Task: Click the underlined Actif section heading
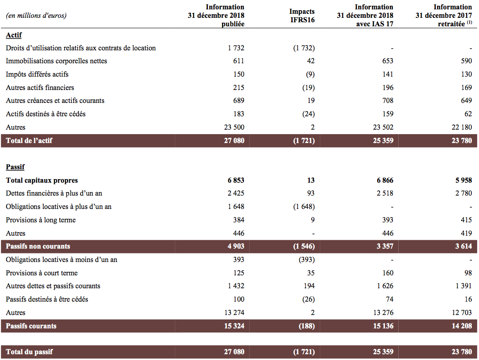point(14,35)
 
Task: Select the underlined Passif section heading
point(15,167)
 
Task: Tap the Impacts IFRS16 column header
point(302,16)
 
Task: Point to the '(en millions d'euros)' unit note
point(36,16)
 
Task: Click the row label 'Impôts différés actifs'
point(37,74)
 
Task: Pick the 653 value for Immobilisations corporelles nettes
point(388,61)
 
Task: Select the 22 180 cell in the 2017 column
point(462,127)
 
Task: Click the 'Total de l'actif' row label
point(29,141)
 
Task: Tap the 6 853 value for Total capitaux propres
point(236,180)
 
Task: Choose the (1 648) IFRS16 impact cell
point(304,207)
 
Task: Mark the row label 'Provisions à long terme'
point(41,220)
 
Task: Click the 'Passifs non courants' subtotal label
point(38,246)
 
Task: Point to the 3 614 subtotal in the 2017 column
point(463,246)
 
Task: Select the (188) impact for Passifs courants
point(307,326)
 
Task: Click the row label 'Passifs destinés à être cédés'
point(47,299)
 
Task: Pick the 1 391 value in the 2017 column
point(463,286)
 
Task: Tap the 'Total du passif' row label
point(29,352)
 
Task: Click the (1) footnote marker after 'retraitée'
point(470,22)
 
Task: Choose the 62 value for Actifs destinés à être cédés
point(468,114)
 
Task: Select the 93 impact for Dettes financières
point(311,193)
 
